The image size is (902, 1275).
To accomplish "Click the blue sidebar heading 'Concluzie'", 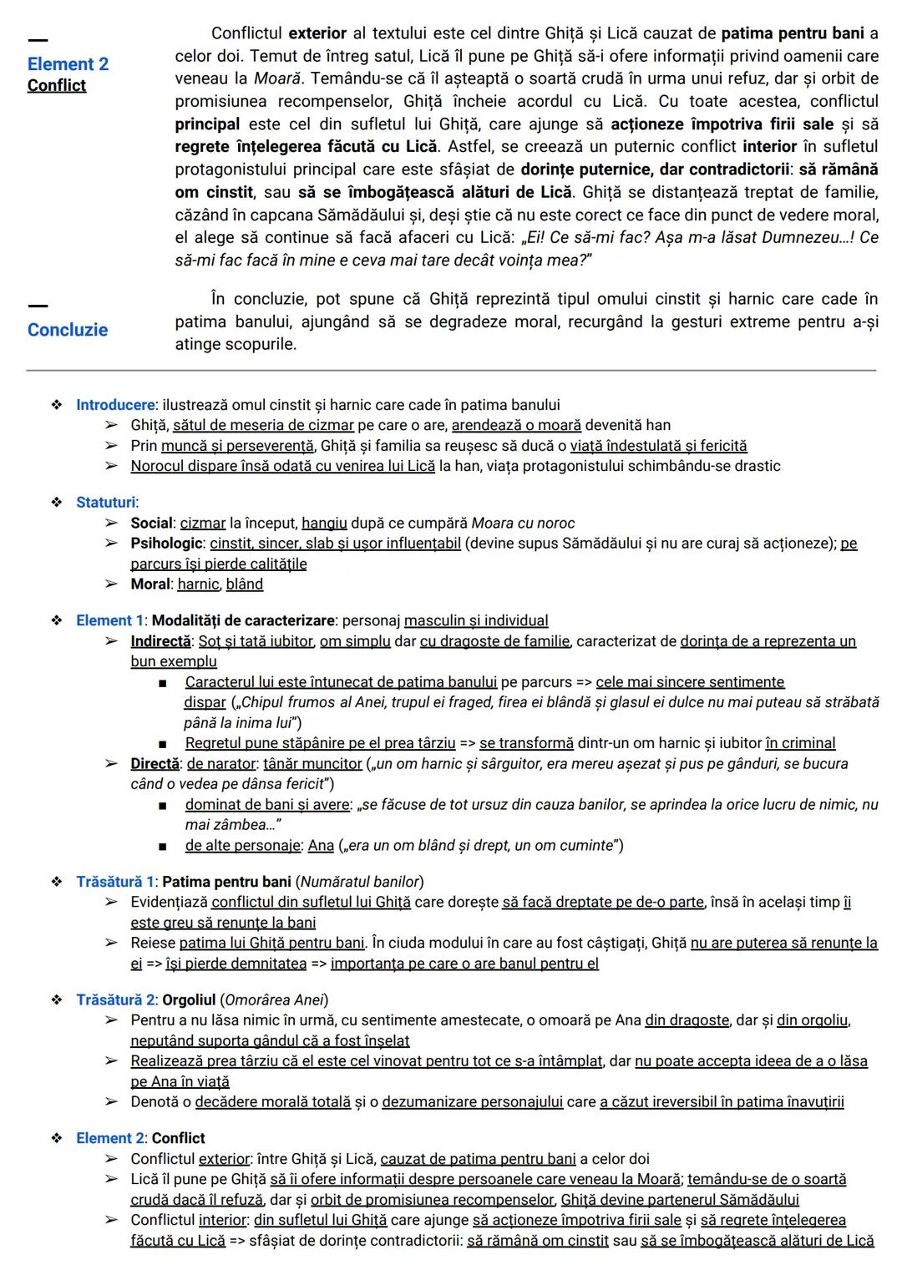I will [x=68, y=330].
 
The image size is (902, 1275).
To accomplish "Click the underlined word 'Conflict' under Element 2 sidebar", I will [x=56, y=85].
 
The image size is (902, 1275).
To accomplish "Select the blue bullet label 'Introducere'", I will [x=115, y=405].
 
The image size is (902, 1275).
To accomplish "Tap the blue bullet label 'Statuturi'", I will [x=105, y=503].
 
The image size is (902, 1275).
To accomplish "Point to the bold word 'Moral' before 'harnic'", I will [x=150, y=584].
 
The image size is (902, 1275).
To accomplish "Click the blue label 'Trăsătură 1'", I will [x=114, y=882].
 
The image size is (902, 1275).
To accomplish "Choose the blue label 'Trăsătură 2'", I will [x=114, y=1000].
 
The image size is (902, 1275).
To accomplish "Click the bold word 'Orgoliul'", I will [x=189, y=1000].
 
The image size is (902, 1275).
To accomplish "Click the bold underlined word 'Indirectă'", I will [x=160, y=641].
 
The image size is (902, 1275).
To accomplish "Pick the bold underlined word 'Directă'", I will [x=155, y=764].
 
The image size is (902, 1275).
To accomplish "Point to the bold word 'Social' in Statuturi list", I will [x=151, y=524].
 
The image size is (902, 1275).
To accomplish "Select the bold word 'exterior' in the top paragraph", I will [x=317, y=34].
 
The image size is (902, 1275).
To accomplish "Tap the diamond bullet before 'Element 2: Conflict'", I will [x=57, y=1138].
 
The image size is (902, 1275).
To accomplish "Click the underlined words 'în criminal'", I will [x=800, y=743].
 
